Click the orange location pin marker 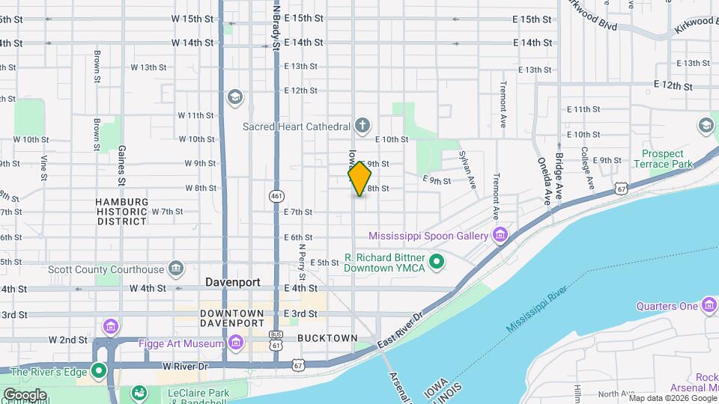coord(360,179)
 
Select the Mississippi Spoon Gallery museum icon coord(500,236)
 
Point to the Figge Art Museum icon coord(237,343)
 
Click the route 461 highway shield coord(276,196)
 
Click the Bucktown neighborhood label coord(327,338)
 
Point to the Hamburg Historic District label coord(122,212)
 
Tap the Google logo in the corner coord(24,394)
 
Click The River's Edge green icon coord(99,371)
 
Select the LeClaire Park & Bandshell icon coord(139,393)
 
